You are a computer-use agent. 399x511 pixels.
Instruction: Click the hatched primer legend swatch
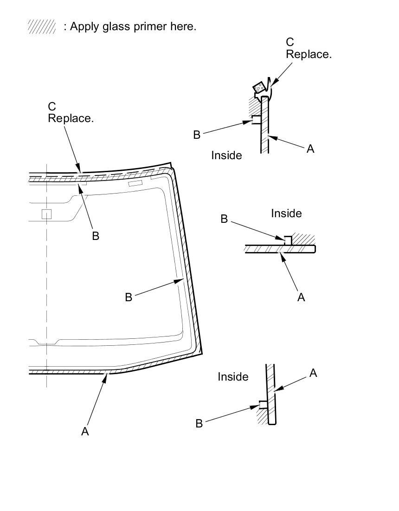tap(42, 27)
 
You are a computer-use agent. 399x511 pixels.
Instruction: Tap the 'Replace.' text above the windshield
tap(71, 118)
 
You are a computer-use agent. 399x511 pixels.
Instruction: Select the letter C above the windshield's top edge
tap(52, 107)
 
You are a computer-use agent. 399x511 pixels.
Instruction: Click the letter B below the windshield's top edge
tap(96, 236)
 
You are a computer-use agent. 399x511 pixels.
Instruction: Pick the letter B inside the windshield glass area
tap(129, 297)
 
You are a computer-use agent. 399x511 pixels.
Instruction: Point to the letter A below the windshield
tap(85, 431)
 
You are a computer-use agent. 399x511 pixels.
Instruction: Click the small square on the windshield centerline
tap(46, 214)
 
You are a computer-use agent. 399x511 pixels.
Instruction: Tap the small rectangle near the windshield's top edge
tap(135, 183)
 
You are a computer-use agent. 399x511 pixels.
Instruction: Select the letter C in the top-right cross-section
tap(290, 42)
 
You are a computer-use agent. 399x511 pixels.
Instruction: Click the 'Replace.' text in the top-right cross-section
tap(309, 54)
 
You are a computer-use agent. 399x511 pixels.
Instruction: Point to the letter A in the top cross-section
tap(310, 149)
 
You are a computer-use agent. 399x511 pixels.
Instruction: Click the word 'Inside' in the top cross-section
tap(226, 155)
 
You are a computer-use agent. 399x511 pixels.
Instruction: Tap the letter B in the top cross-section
tap(197, 135)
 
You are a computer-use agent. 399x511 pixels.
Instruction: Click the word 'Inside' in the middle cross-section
tap(286, 213)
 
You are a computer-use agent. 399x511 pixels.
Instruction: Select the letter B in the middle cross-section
tap(224, 219)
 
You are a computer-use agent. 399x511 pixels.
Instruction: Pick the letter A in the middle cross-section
tap(301, 297)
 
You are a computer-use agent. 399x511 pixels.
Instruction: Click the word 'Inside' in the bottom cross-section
tap(233, 377)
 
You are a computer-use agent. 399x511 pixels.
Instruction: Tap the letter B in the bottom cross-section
tap(199, 423)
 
